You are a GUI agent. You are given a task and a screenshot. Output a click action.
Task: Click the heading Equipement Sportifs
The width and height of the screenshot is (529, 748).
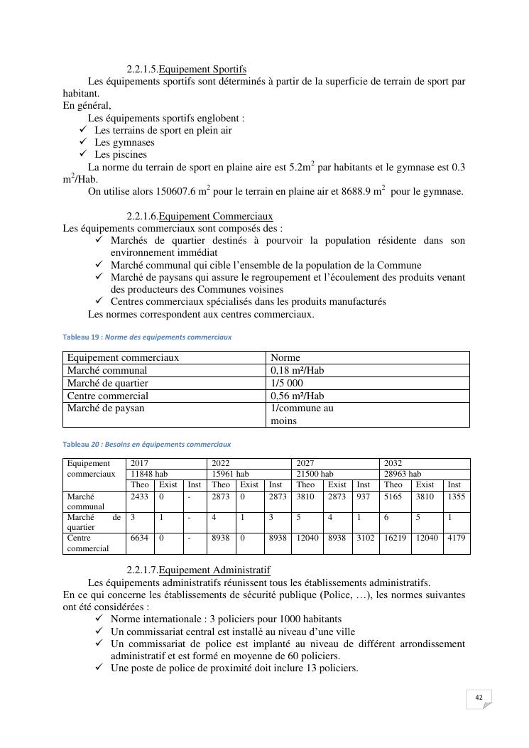202,69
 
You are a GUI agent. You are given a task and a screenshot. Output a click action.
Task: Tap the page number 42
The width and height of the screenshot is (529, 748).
479,698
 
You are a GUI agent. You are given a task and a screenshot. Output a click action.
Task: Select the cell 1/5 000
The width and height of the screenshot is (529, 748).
287,383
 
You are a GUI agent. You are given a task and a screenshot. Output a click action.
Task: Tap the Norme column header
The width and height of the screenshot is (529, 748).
285,357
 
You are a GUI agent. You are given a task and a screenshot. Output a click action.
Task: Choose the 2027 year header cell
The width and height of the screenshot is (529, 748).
305,463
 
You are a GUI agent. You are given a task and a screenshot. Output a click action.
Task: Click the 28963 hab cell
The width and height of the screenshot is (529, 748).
403,474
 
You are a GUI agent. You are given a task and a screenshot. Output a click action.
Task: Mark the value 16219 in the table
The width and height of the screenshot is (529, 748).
393,538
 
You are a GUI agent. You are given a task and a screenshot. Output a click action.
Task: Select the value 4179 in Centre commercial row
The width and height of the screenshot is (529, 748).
456,538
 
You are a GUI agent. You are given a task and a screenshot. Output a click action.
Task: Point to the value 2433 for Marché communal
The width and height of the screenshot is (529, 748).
139,497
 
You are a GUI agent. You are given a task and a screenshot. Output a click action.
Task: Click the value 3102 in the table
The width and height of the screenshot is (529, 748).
366,538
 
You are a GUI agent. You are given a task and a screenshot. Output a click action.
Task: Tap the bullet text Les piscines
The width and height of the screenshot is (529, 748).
121,154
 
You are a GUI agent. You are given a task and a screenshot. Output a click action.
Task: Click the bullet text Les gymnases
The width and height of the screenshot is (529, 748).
124,142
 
